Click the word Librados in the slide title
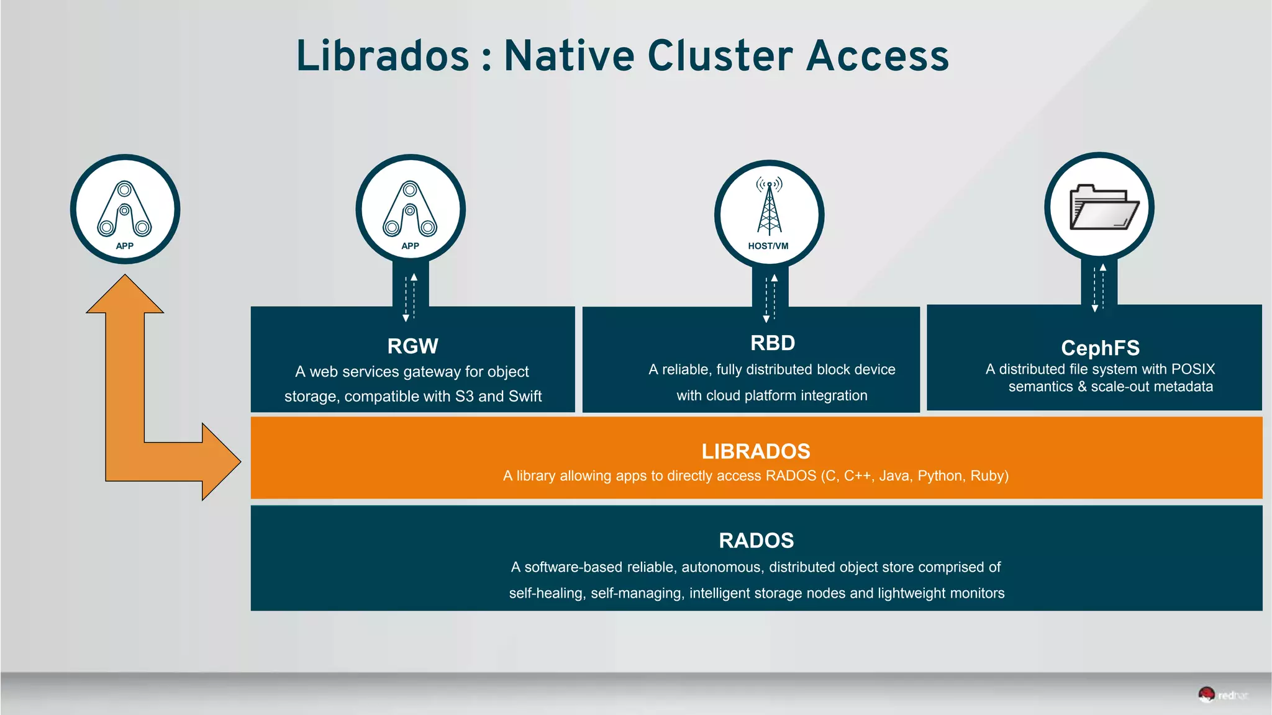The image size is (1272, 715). coord(383,56)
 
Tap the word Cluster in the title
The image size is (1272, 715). coord(720,56)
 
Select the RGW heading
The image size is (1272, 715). coord(412,346)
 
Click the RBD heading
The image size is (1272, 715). coord(772,343)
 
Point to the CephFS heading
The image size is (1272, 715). coord(1100,348)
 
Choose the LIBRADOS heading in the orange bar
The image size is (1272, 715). coord(756,451)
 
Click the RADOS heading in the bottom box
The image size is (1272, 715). coord(756,541)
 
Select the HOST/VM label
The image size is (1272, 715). coord(768,246)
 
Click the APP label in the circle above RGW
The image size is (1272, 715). coord(410,246)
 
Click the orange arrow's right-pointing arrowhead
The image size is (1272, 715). coord(220,461)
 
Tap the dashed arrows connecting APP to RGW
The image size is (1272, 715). coord(410,297)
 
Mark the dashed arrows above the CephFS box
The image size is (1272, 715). coord(1099,287)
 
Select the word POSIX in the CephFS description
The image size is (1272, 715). coord(1192,369)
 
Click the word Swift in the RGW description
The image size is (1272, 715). coord(525,397)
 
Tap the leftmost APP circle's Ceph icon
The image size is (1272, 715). coord(124,209)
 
